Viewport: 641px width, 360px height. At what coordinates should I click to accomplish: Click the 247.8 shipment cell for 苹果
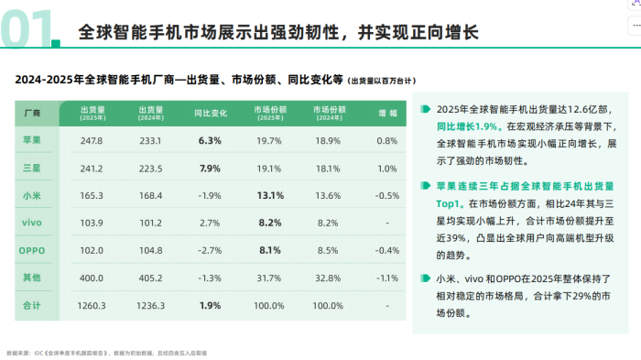pyautogui.click(x=92, y=141)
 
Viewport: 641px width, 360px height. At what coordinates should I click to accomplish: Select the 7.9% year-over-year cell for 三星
pyautogui.click(x=210, y=169)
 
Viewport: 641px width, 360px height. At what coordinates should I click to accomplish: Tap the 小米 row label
pyautogui.click(x=31, y=195)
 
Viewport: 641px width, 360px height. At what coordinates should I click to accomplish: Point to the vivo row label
pyautogui.click(x=31, y=223)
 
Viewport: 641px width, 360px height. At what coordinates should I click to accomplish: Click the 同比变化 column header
pyautogui.click(x=210, y=114)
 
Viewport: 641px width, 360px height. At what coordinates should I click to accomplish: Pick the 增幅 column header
pyautogui.click(x=387, y=114)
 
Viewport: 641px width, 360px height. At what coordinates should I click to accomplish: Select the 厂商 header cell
pyautogui.click(x=31, y=114)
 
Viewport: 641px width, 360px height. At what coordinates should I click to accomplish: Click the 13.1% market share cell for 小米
pyautogui.click(x=269, y=195)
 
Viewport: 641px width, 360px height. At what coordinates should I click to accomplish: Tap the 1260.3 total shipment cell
pyautogui.click(x=92, y=304)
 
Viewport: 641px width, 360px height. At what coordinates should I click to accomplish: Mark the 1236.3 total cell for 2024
pyautogui.click(x=150, y=304)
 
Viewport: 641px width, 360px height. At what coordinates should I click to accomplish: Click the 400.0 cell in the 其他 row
pyautogui.click(x=92, y=277)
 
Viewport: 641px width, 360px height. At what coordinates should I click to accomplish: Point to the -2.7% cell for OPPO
pyautogui.click(x=210, y=249)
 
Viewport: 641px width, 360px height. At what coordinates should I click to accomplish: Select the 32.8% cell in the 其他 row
pyautogui.click(x=328, y=277)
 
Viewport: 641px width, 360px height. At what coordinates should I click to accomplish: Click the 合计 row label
pyautogui.click(x=31, y=304)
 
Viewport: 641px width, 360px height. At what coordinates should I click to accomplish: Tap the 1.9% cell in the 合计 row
pyautogui.click(x=210, y=304)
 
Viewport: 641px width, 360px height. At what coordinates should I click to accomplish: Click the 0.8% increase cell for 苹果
pyautogui.click(x=387, y=141)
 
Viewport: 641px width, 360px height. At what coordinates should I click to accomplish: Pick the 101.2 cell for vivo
pyautogui.click(x=150, y=223)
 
